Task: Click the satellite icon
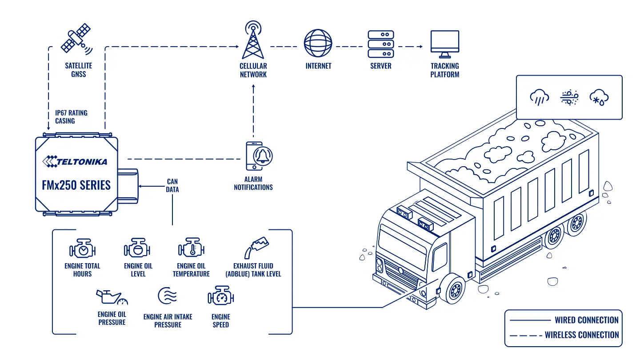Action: (x=76, y=39)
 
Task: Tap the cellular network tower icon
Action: (x=253, y=40)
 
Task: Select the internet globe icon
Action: (x=318, y=43)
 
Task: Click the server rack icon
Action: (x=381, y=44)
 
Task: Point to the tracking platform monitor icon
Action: (x=445, y=44)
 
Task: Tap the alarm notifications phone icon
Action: (x=259, y=156)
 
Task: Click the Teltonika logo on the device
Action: (x=75, y=161)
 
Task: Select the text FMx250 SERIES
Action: (x=76, y=185)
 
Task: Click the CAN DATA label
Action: (x=172, y=185)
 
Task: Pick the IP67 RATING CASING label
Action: (x=71, y=117)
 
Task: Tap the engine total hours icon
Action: (x=82, y=248)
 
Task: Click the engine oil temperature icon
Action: (x=191, y=247)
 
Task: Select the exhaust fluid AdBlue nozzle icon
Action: (x=256, y=248)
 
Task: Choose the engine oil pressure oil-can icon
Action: (x=112, y=297)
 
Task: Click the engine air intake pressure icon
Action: (x=168, y=296)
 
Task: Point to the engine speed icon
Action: (x=221, y=295)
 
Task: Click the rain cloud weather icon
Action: (x=540, y=97)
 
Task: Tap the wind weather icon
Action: (x=569, y=97)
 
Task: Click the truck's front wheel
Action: (x=453, y=289)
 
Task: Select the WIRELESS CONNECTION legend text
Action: (x=582, y=335)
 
